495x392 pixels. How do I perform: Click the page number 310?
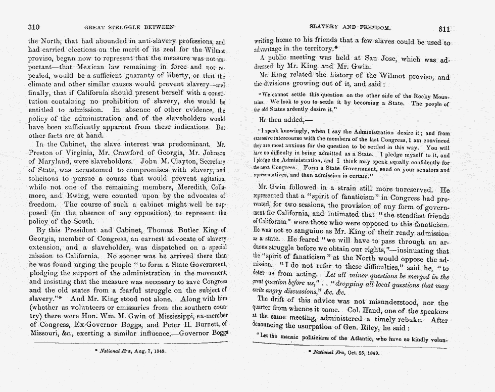click(34, 26)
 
